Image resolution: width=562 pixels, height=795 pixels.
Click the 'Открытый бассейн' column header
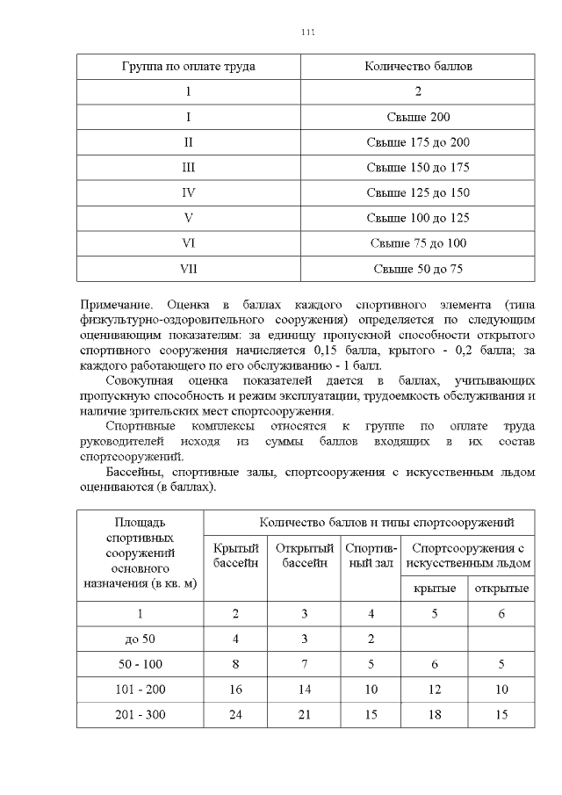coord(305,555)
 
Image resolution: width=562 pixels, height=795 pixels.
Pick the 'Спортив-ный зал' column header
coord(369,555)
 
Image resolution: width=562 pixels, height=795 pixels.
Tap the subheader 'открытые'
coord(501,588)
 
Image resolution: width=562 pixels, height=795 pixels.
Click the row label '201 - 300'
coord(139,715)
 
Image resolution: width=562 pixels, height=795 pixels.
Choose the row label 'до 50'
coord(139,639)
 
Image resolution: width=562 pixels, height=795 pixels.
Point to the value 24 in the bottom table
coord(235,715)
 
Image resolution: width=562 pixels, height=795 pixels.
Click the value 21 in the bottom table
coord(304,715)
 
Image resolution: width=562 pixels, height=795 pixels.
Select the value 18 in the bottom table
coord(434,715)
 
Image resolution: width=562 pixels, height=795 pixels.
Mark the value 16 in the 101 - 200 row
coord(235,690)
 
